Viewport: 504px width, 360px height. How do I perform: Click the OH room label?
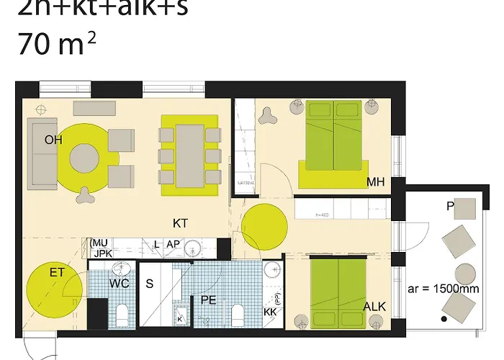[53, 140]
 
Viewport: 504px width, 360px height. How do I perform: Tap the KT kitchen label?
[180, 224]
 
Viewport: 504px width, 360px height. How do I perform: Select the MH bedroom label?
[375, 182]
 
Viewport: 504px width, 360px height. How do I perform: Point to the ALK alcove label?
[374, 307]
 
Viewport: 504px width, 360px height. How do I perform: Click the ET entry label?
[57, 273]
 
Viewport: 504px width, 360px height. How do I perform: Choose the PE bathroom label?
[209, 299]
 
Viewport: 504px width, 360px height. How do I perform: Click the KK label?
[270, 313]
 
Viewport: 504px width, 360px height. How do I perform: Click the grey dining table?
[190, 155]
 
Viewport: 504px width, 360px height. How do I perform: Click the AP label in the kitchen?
[173, 245]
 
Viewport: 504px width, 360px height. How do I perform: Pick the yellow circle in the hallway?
[264, 225]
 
